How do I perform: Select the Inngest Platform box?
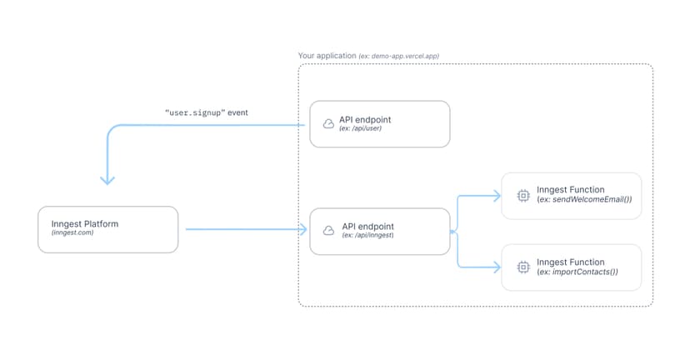click(108, 229)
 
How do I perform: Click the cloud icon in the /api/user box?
click(328, 124)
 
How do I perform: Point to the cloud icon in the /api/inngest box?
click(328, 231)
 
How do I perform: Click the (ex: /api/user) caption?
click(361, 129)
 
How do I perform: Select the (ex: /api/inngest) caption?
click(367, 236)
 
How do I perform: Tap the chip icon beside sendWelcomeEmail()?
click(522, 195)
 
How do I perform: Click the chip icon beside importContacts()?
click(522, 267)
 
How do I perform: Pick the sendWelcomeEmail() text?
click(584, 200)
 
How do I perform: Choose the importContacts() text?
click(577, 272)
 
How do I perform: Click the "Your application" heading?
click(328, 56)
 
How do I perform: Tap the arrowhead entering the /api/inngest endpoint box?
click(302, 229)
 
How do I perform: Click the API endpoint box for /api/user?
click(379, 124)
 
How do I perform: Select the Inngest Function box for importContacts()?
click(571, 267)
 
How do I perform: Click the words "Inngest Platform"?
click(84, 224)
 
